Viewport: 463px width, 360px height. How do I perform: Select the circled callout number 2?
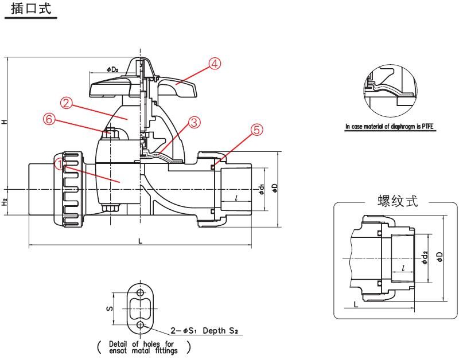(x=67, y=103)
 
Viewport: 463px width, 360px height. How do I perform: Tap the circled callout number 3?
(x=194, y=122)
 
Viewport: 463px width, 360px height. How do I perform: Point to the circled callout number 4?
(x=214, y=64)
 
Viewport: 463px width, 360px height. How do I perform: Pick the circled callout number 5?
(x=258, y=130)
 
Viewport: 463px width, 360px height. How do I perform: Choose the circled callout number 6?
(x=49, y=119)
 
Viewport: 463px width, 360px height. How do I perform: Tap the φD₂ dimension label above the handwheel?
(x=112, y=69)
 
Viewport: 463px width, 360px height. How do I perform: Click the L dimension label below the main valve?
(x=140, y=241)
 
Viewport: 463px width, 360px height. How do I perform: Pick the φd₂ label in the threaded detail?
(x=425, y=257)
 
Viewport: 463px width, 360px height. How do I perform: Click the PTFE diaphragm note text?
(x=390, y=126)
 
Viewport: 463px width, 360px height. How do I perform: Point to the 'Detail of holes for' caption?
(x=142, y=343)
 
